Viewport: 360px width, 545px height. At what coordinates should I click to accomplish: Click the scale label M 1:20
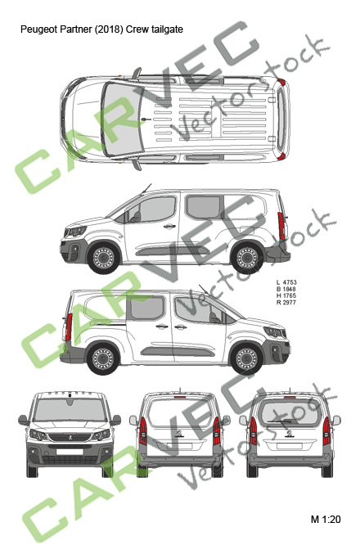(x=326, y=520)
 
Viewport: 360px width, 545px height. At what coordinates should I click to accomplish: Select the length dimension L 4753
(x=286, y=282)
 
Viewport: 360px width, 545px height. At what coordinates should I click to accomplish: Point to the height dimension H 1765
(x=286, y=295)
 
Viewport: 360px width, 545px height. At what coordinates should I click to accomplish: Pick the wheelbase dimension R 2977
(x=286, y=303)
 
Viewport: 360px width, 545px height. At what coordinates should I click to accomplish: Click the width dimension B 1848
(x=286, y=289)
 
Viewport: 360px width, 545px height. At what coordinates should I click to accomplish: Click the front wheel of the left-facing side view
(x=103, y=257)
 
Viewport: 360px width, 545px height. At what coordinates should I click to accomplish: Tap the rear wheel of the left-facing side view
(x=247, y=258)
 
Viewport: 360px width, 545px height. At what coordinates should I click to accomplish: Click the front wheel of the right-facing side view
(x=246, y=358)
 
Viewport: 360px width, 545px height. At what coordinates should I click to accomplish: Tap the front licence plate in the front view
(x=70, y=452)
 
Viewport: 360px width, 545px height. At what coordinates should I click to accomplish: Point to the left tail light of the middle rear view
(x=143, y=431)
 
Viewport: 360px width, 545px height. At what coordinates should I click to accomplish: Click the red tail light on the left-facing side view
(x=281, y=226)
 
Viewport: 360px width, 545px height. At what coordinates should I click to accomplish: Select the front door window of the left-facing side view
(x=152, y=209)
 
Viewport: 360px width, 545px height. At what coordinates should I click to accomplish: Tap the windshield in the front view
(x=70, y=410)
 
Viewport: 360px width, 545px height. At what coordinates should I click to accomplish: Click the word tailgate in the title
(x=169, y=29)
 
